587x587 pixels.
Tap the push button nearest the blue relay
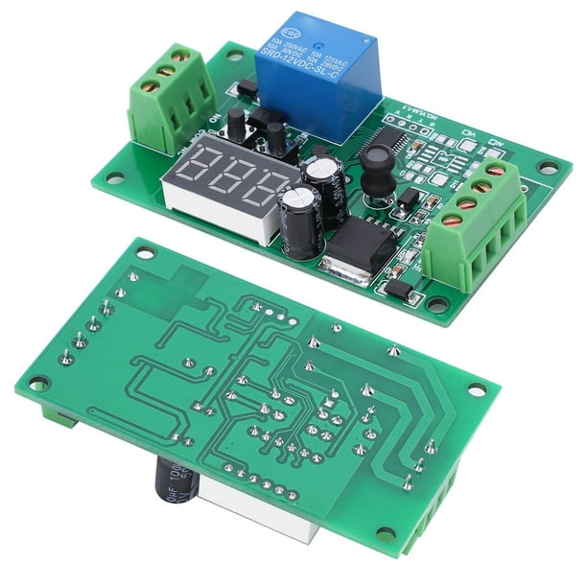coord(276,139)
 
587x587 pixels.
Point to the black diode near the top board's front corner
coord(397,289)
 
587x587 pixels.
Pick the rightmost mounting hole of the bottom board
coord(474,390)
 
